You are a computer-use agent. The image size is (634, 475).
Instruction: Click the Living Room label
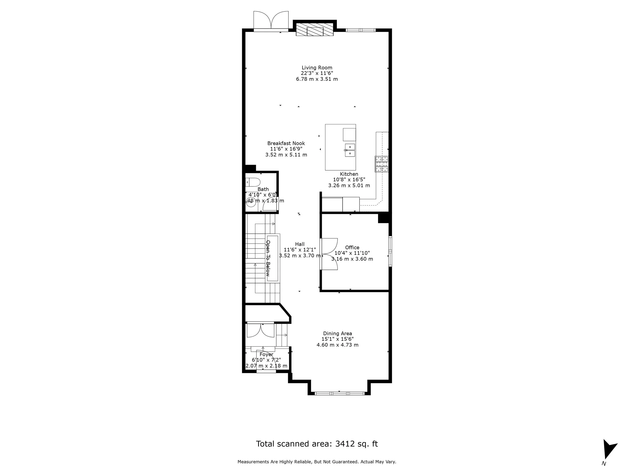tap(317, 68)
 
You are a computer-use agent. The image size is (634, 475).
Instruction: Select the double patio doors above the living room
tap(271, 21)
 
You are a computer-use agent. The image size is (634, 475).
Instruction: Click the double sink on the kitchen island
tap(350, 150)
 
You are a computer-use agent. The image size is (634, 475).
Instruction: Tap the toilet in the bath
tap(253, 182)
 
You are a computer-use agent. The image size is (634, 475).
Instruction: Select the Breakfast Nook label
tap(286, 143)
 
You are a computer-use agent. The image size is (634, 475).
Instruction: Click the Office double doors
tap(329, 254)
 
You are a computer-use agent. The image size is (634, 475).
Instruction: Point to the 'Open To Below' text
tap(268, 258)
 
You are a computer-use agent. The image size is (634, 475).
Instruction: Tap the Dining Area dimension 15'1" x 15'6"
tap(337, 339)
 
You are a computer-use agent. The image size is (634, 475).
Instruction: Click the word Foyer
tap(266, 354)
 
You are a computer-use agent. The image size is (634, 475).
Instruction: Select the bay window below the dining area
tap(339, 393)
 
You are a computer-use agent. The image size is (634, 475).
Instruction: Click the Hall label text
tap(300, 244)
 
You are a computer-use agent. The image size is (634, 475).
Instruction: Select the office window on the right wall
tap(390, 251)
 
